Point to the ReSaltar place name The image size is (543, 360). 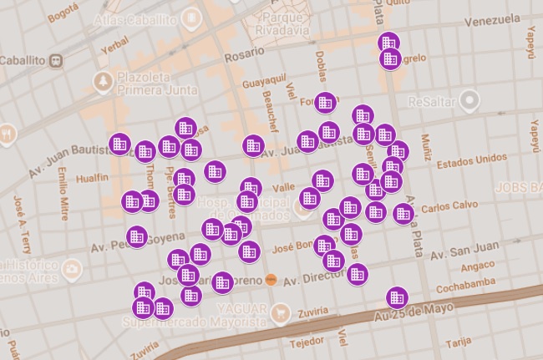[433, 102]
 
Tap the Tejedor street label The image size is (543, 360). [306, 342]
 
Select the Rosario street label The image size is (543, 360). [245, 56]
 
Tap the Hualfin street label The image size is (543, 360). [92, 177]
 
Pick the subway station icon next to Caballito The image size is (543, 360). [57, 61]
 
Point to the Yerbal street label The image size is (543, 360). [114, 48]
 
